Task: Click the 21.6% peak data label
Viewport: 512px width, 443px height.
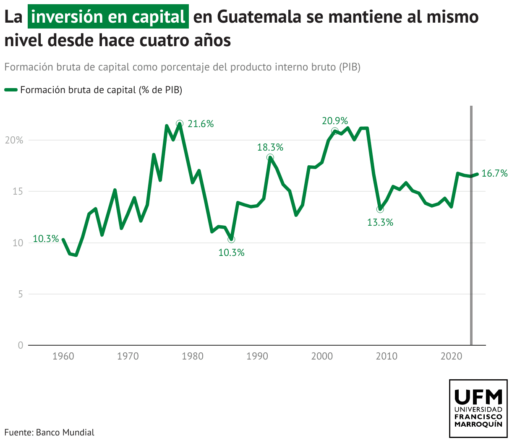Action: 201,124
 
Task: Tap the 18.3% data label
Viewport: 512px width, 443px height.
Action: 270,147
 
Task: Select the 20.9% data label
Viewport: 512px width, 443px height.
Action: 335,121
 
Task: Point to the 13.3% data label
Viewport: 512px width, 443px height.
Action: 380,222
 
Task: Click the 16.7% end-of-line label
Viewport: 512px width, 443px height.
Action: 494,173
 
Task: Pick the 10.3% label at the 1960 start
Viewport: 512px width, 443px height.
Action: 46,239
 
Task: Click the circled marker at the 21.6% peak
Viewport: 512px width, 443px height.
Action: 180,123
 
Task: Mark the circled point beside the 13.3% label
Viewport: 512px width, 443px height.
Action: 380,209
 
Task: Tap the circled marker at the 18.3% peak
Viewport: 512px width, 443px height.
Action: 270,157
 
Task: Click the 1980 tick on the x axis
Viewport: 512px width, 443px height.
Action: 193,356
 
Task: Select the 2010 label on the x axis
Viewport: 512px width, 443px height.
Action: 387,356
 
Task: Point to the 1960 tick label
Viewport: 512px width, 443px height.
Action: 63,356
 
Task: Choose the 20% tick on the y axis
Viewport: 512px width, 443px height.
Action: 14,140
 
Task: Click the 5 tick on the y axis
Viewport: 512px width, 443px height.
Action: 20,294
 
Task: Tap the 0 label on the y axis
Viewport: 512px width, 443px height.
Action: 20,345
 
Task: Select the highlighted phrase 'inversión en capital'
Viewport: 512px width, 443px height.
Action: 108,17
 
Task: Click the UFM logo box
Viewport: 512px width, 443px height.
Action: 478,408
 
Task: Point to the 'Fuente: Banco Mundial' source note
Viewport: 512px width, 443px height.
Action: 50,432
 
